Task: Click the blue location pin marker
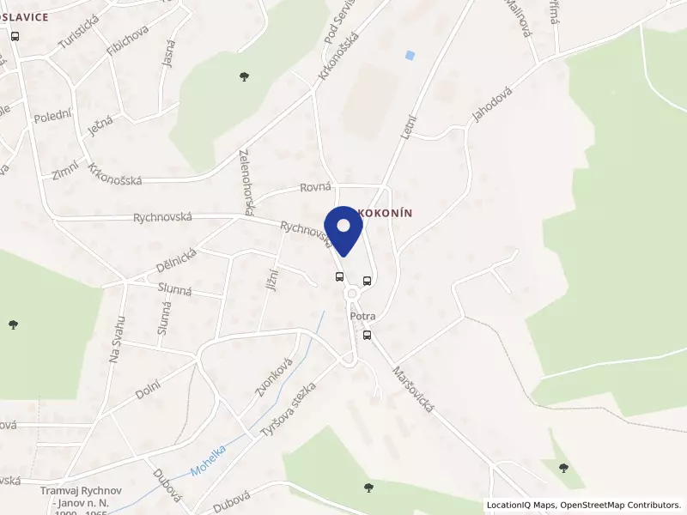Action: (x=343, y=228)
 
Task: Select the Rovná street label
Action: (x=315, y=187)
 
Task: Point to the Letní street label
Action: (x=408, y=127)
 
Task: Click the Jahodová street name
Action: (x=491, y=106)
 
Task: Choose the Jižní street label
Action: (x=271, y=276)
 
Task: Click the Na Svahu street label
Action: (x=118, y=338)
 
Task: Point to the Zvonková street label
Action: (x=274, y=377)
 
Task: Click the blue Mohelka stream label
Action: (x=209, y=460)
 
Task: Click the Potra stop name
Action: (x=363, y=317)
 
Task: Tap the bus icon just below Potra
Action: (x=368, y=336)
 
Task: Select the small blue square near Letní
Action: (x=410, y=55)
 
